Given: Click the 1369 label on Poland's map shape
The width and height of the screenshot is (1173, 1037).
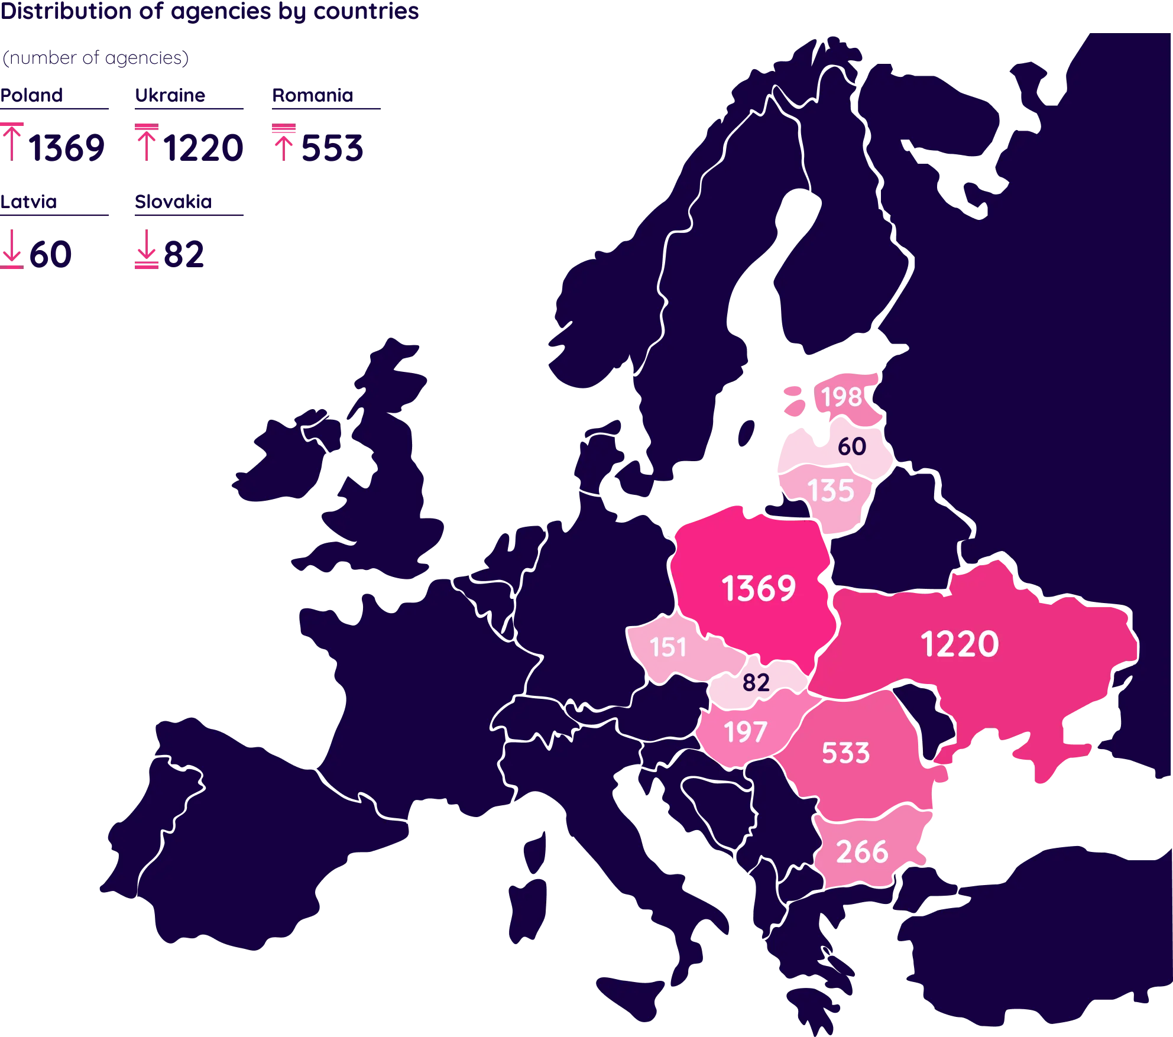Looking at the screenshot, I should pos(759,588).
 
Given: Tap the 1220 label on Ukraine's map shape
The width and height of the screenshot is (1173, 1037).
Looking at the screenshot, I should pos(960,644).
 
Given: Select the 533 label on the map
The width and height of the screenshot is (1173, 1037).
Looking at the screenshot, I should pos(845,753).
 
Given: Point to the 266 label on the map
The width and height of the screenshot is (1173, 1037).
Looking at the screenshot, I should pos(862,852).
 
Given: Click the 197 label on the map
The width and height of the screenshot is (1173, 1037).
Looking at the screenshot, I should pos(746,732).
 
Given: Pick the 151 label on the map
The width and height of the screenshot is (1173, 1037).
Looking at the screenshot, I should pos(667,647).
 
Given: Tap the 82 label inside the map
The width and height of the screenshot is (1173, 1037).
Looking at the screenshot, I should pos(756,682).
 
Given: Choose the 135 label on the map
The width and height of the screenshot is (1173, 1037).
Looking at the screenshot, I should pos(831,491).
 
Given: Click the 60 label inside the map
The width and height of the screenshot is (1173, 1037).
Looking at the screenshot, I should pos(851,446).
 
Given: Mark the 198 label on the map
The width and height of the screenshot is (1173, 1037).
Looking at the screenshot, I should pos(841,397).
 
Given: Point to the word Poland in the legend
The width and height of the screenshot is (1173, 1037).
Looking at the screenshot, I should pos(32,95).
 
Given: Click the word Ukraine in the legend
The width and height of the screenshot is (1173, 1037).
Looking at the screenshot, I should pos(170,95).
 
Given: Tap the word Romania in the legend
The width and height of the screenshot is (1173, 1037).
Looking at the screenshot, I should pos(312,95).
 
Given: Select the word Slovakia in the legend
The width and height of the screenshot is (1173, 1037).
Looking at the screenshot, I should pos(173,201).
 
